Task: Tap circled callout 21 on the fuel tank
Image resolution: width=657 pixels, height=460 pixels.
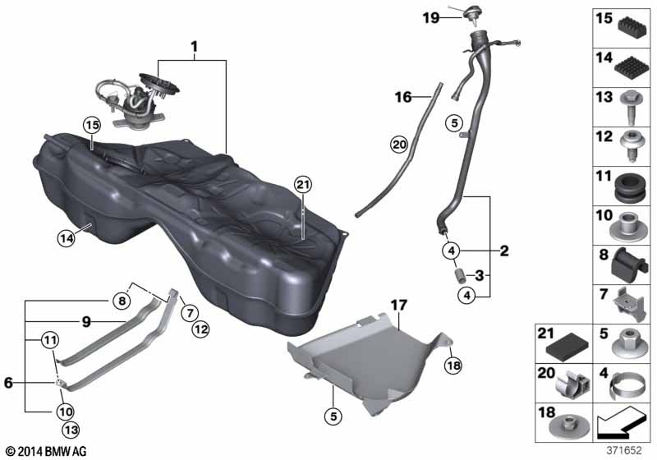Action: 303,186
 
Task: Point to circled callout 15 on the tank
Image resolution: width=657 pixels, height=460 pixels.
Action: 90,126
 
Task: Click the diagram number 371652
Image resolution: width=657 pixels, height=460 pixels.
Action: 627,448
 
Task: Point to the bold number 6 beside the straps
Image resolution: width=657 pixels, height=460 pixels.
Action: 9,382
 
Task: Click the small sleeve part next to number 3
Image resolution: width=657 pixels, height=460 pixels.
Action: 460,273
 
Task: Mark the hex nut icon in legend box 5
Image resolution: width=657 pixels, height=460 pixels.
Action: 632,337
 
